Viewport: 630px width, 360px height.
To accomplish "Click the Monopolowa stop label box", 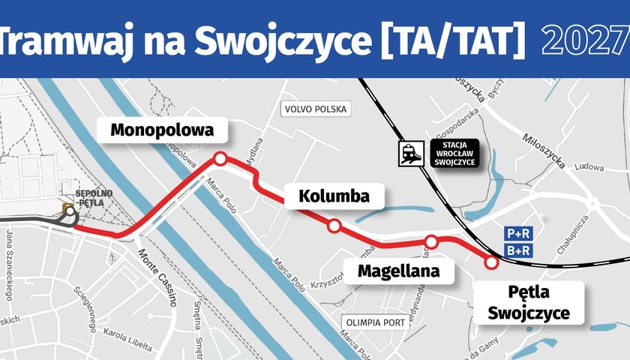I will point(162,130).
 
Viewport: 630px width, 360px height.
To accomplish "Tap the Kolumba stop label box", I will point(334,196).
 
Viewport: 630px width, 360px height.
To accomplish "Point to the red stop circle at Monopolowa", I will point(220,158).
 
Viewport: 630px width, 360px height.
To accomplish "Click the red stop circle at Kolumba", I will point(334,226).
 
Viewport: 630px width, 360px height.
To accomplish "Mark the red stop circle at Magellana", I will point(431,241).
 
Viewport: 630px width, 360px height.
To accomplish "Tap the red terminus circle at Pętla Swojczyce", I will point(492,262).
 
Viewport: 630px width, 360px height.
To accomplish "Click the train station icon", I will point(409,154).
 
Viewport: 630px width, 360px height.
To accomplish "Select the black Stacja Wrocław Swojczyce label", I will point(455,153).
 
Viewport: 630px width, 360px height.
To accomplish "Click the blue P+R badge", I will point(518,234).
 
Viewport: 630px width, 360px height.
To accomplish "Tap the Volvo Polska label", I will point(316,109).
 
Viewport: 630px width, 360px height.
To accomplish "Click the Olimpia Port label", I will point(375,323).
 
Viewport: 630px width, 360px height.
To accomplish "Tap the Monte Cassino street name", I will point(157,277).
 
